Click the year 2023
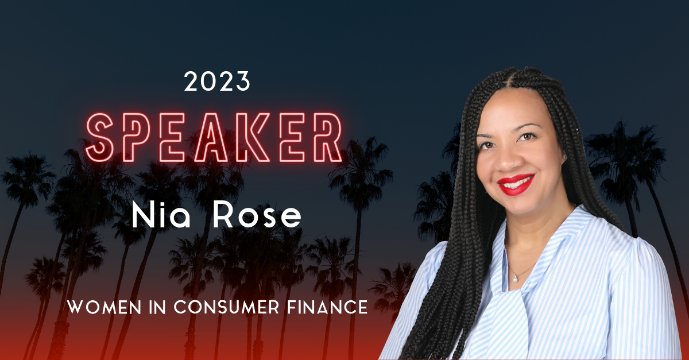pos(218,82)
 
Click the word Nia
pos(160,215)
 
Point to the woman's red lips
pos(516,185)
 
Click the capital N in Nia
pos(142,215)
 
